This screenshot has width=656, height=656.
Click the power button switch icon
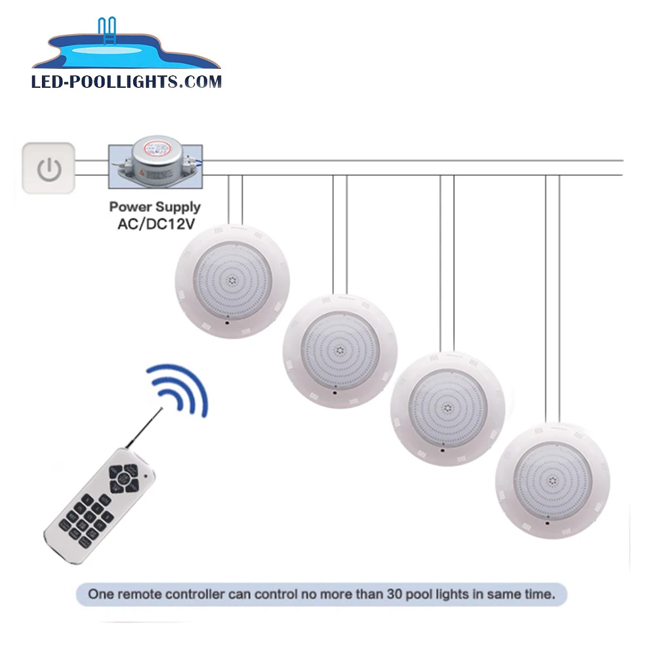coord(49,169)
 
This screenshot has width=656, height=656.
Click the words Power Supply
coord(155,207)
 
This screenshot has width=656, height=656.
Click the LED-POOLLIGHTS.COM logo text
coord(127,82)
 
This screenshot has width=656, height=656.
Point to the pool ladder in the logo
coord(106,33)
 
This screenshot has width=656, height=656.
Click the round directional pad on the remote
coord(123,476)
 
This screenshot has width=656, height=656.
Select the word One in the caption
coord(101,596)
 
